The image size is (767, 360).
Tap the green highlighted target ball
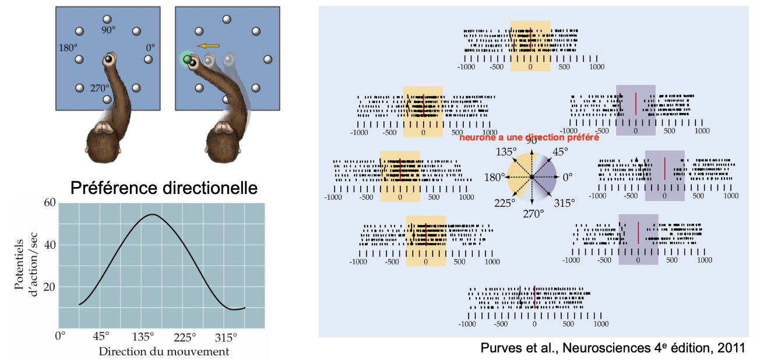(187, 59)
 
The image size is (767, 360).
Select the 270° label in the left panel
(101, 90)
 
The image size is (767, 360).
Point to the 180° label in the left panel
(68, 47)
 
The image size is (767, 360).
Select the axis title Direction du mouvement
(164, 351)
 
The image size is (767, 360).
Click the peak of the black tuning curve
(152, 214)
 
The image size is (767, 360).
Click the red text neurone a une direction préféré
(529, 138)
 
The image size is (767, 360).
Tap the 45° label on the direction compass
(560, 152)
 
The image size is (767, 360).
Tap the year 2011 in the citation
(733, 348)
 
